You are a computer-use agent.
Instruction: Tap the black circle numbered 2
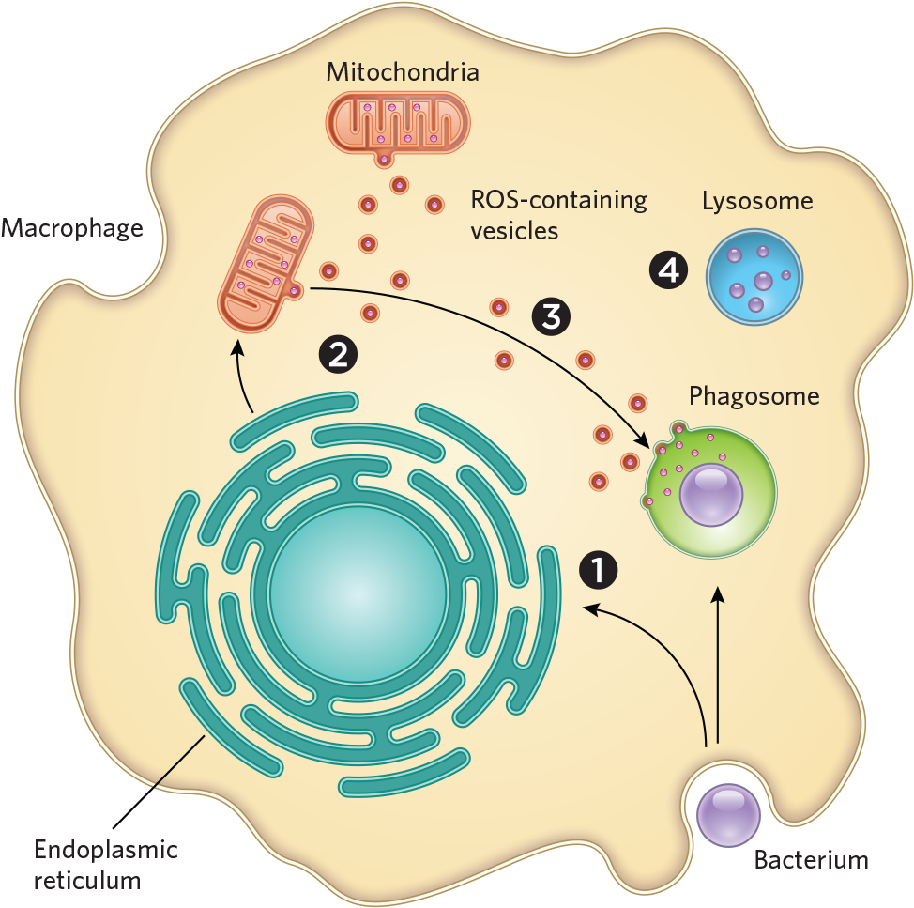coord(338,353)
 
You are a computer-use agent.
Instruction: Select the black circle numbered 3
coord(550,316)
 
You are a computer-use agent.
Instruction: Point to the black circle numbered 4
coord(669,271)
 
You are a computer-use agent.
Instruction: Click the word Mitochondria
coord(403,72)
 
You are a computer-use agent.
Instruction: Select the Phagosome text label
coord(754,396)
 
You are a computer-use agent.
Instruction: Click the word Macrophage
coord(72,227)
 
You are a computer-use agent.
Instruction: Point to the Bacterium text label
coord(811,859)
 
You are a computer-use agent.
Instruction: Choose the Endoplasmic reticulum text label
coord(106,865)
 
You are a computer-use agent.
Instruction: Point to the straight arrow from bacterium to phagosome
coord(719,667)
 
